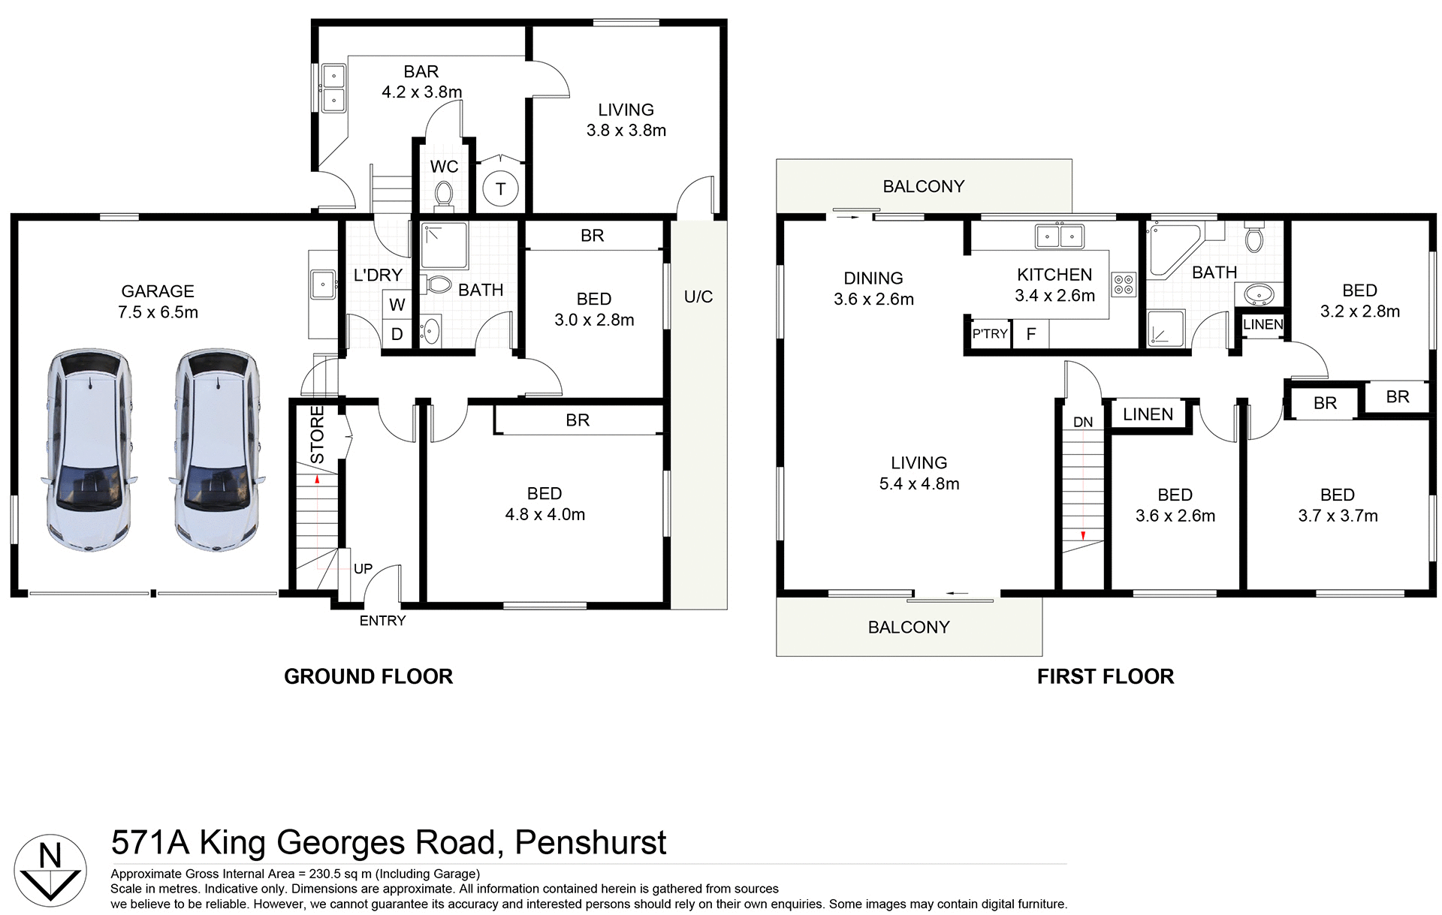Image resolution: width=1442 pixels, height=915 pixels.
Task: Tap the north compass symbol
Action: point(50,868)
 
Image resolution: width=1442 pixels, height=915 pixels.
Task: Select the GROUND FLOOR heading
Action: point(368,676)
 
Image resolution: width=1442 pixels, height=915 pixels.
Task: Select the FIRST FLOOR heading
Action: point(1105,676)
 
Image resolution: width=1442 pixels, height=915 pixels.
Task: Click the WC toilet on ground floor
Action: point(444,194)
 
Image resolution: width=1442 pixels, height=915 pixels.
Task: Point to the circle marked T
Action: point(501,188)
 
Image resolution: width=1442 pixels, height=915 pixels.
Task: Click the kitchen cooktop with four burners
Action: point(1125,284)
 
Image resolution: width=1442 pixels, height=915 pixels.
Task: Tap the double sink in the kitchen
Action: point(1059,236)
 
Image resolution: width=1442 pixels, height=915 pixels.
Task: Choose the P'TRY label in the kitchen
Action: point(989,334)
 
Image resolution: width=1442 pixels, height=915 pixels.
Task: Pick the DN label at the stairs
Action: point(1083,423)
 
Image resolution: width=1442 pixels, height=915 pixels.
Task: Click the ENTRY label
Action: point(382,621)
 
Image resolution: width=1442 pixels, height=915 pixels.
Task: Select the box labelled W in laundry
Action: point(397,305)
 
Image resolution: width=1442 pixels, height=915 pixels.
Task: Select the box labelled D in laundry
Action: point(397,333)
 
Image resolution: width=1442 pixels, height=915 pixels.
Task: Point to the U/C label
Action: point(698,297)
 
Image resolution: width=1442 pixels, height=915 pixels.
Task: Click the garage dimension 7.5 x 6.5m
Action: point(158,312)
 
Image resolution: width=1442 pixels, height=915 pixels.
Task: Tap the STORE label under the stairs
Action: point(317,435)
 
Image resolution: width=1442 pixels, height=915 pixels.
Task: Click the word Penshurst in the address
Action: point(590,842)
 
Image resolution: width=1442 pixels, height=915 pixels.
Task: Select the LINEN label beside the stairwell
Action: point(1148,414)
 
